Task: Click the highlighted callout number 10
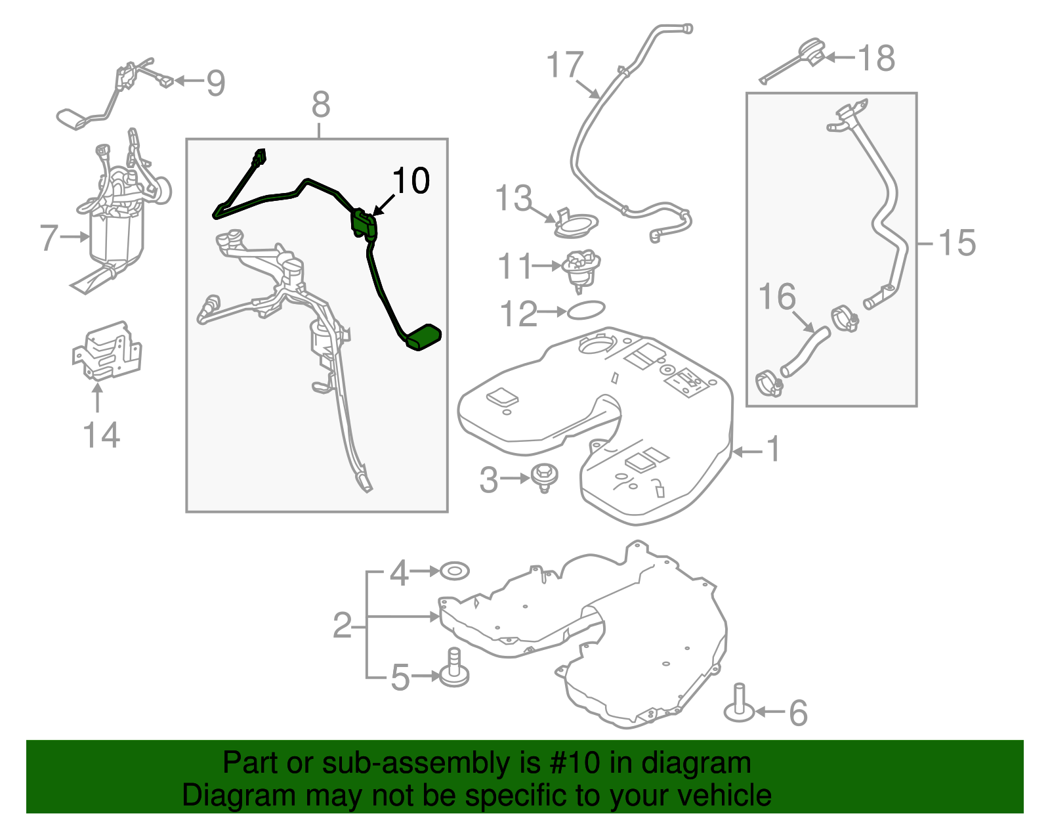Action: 411,181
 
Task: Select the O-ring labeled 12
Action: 585,310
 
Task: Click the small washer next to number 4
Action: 454,571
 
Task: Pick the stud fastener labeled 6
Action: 740,705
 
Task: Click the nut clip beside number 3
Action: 544,475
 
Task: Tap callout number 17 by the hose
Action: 564,65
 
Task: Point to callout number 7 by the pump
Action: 49,238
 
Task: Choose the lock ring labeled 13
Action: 576,225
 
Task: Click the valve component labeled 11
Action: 581,267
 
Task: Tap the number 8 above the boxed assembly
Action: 320,105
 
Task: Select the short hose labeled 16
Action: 805,351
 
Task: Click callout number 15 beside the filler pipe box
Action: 957,243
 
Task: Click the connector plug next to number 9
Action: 165,81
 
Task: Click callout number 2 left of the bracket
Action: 343,626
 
